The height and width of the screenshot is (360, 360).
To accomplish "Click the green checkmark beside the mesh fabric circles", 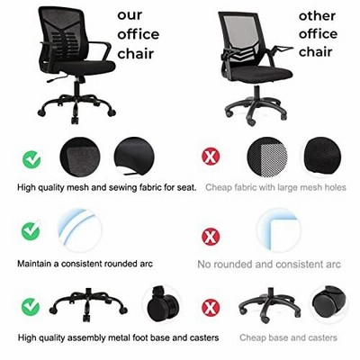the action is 31,159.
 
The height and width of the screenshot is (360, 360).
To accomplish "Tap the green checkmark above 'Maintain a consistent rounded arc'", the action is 31,230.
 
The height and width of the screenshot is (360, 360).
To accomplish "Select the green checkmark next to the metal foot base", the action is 31,307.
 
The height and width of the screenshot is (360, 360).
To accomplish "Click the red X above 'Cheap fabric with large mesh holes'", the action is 211,156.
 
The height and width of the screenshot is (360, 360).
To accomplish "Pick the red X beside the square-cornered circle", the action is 211,237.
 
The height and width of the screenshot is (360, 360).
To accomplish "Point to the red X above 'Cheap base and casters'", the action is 211,308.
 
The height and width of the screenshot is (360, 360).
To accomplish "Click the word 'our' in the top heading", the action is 130,15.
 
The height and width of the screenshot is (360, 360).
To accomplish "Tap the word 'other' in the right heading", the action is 317,15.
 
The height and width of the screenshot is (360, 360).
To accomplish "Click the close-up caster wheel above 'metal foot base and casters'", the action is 162,303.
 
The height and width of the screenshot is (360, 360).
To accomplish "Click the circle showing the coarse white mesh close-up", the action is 267,157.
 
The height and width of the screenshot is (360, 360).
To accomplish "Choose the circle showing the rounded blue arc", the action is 80,230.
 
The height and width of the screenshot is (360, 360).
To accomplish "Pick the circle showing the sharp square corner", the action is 278,230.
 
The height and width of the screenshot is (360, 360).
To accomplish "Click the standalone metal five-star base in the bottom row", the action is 88,303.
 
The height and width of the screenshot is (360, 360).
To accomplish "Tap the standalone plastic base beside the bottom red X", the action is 270,304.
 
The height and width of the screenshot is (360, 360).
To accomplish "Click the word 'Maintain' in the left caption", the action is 34,264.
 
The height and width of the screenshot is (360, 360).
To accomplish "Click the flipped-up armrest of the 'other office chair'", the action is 281,49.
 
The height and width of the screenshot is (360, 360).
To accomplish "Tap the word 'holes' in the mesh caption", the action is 335,187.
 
